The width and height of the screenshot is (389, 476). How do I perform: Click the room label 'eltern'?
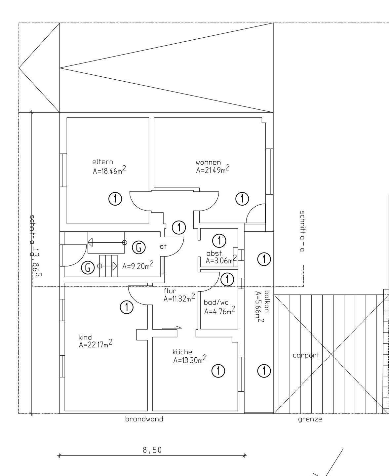(103, 162)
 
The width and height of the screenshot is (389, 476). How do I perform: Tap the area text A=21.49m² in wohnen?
(213, 170)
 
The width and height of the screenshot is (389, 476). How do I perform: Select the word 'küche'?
(182, 352)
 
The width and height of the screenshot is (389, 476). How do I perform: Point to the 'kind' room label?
(85, 337)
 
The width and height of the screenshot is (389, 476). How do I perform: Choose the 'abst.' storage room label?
(214, 254)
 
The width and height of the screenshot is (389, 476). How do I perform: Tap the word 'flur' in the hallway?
(170, 291)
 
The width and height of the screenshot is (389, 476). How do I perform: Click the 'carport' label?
(306, 355)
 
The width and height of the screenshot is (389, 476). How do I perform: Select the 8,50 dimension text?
(152, 450)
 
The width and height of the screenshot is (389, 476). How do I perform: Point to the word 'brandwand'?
(144, 419)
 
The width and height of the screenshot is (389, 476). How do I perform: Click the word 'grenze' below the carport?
(310, 419)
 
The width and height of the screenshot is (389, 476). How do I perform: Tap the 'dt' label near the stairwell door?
(163, 246)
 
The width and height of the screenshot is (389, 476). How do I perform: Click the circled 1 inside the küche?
(218, 371)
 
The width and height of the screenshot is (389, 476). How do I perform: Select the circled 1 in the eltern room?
(115, 199)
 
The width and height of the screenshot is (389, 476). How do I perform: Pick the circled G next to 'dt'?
(139, 247)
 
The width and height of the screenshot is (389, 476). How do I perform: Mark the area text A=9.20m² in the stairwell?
(137, 266)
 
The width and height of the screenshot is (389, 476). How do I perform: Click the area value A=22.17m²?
(95, 345)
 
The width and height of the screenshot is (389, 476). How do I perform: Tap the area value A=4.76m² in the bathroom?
(220, 311)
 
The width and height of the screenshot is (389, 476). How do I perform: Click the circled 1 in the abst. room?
(219, 241)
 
